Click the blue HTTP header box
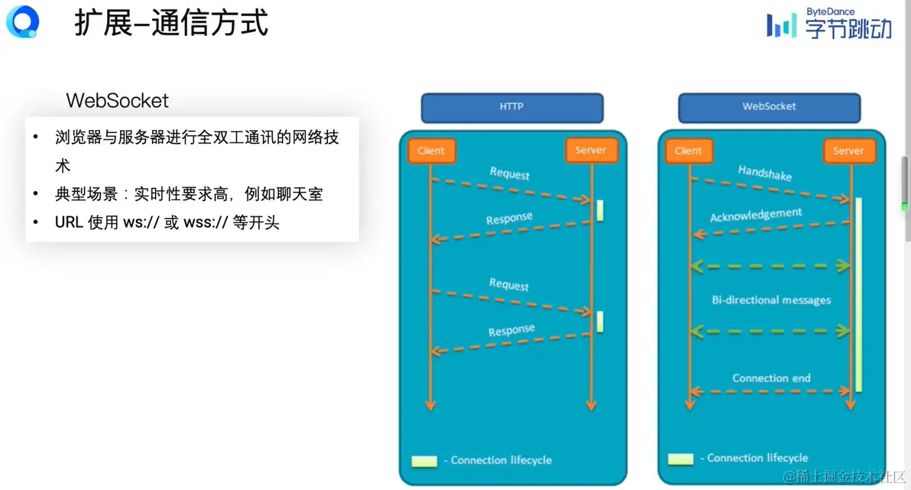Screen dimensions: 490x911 pyautogui.click(x=511, y=107)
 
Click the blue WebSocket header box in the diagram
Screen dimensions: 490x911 pyautogui.click(x=769, y=107)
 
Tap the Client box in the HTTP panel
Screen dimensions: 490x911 pyautogui.click(x=431, y=151)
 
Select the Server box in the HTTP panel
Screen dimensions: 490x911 pyautogui.click(x=591, y=150)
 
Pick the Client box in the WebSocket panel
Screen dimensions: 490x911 pyautogui.click(x=689, y=151)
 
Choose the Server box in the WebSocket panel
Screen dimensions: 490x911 pyautogui.click(x=848, y=151)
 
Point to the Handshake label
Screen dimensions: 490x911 pyautogui.click(x=765, y=173)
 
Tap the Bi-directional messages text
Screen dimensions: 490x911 pyautogui.click(x=771, y=300)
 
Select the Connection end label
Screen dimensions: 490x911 pyautogui.click(x=771, y=378)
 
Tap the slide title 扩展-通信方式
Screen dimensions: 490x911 pyautogui.click(x=171, y=24)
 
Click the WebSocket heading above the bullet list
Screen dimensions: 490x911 pyautogui.click(x=117, y=100)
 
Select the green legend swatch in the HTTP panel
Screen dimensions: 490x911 pyautogui.click(x=424, y=461)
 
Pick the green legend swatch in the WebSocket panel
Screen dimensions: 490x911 pyautogui.click(x=680, y=459)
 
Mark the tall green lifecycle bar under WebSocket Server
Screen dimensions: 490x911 pyautogui.click(x=858, y=294)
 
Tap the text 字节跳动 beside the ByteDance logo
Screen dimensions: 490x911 pyautogui.click(x=848, y=30)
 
